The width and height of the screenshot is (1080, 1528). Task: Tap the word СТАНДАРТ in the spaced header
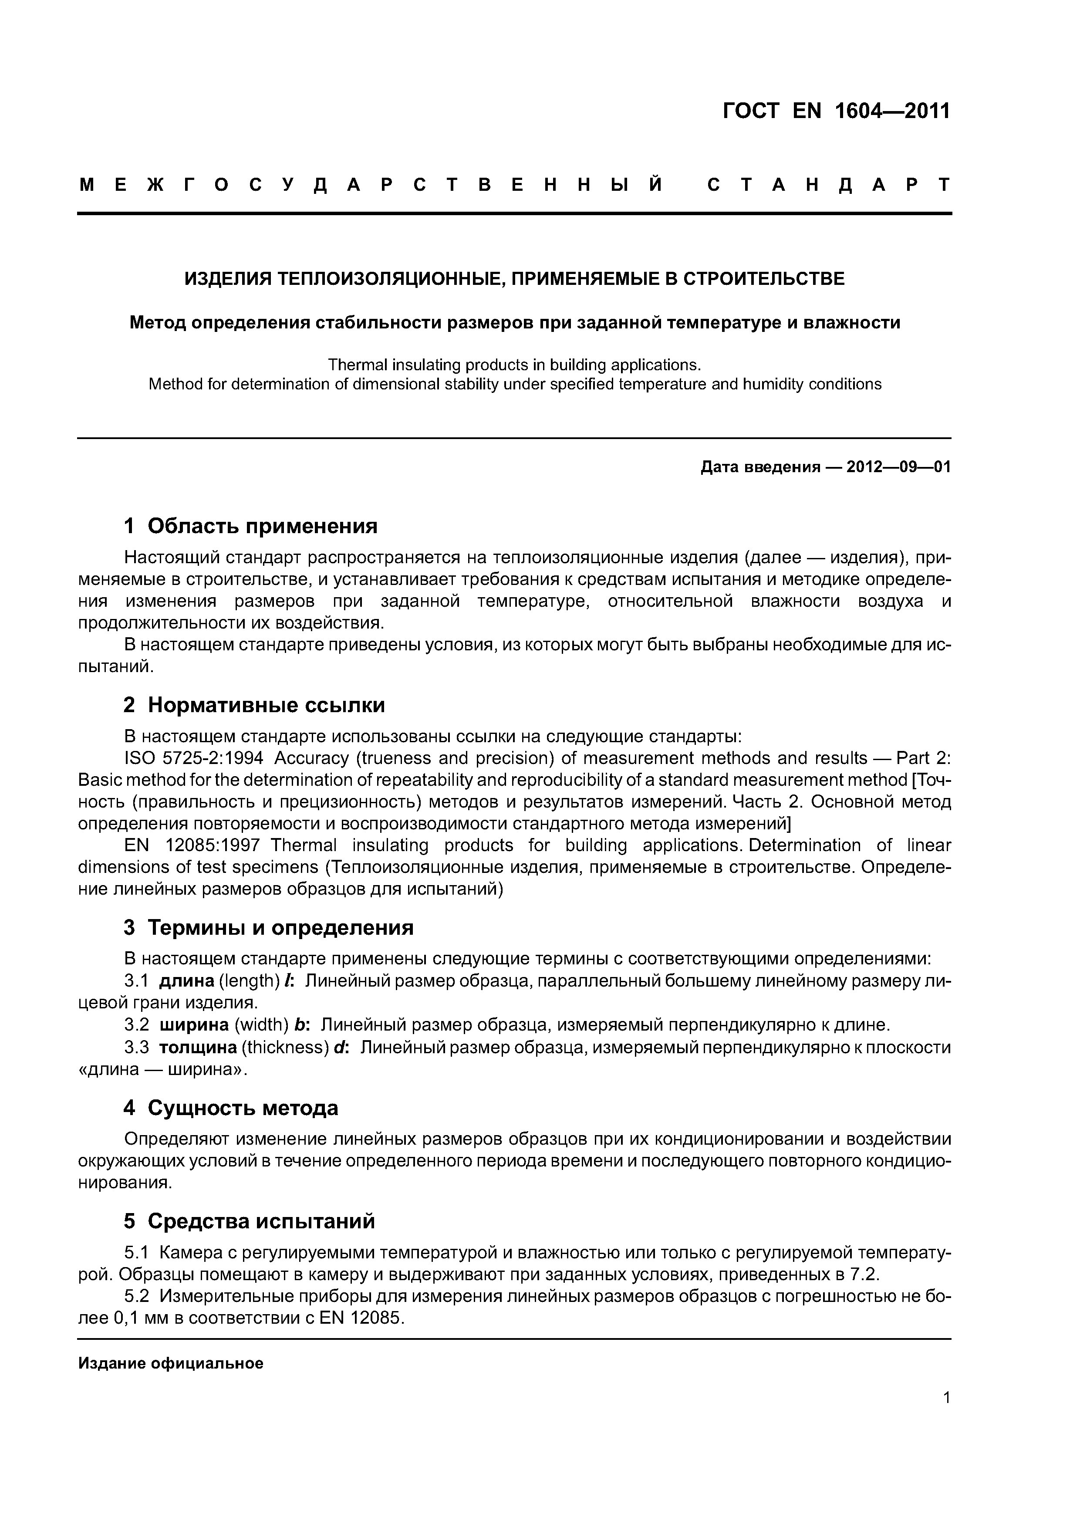point(828,185)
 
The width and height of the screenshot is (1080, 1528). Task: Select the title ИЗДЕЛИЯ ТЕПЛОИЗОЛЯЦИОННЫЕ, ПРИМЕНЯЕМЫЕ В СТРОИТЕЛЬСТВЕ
point(514,278)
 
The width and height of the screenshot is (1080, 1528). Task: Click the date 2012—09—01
point(898,467)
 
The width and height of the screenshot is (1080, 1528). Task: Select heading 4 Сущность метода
point(231,1107)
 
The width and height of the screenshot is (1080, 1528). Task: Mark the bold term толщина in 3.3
point(198,1048)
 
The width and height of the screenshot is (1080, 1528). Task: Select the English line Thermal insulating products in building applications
point(514,365)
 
